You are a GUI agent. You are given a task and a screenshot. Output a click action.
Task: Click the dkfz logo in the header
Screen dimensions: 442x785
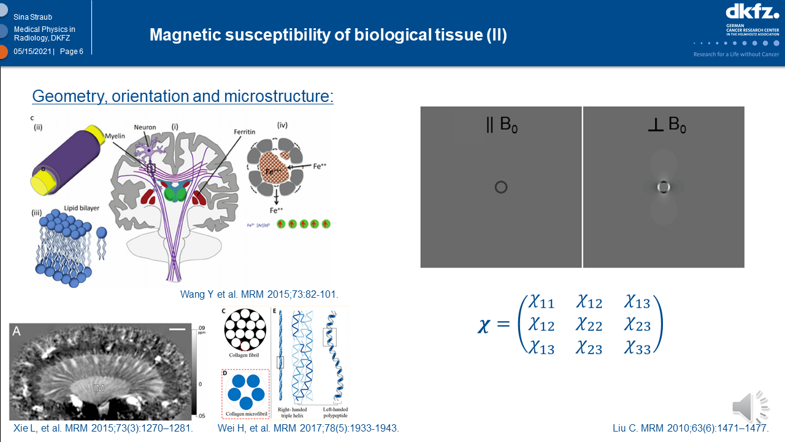752,12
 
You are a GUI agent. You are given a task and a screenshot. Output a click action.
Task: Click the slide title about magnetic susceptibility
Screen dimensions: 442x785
328,34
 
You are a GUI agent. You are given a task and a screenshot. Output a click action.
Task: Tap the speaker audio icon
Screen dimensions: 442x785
749,406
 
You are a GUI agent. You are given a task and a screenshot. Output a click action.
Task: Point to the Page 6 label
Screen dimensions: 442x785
72,52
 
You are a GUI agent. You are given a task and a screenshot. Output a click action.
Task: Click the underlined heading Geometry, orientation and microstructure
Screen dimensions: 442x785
182,96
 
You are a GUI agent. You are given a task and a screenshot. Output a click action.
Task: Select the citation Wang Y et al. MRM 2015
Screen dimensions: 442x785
259,294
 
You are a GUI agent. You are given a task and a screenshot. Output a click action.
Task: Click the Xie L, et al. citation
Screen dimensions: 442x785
103,428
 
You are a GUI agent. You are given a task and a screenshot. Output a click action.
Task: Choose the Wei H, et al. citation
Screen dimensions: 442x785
308,428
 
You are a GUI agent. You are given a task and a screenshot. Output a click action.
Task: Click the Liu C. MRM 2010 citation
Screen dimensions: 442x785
691,428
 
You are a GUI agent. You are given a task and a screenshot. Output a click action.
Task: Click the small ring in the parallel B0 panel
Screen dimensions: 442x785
500,187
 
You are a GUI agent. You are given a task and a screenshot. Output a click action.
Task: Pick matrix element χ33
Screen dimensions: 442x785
637,348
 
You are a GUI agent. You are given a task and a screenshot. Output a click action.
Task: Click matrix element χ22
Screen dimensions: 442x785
589,325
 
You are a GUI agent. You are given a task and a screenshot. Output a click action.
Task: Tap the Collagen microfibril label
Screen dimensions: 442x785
245,413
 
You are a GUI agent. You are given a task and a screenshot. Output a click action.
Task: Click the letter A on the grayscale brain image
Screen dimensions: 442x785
17,331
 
